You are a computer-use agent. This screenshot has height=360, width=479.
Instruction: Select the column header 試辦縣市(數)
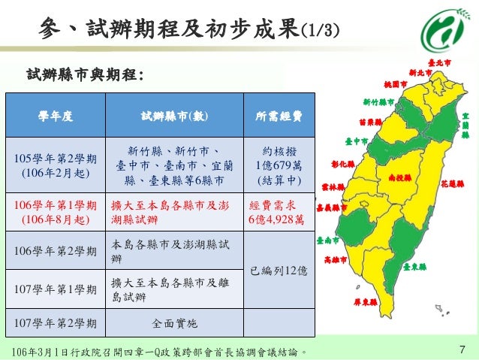point(174,116)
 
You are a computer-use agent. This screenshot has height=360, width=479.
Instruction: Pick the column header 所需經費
point(279,116)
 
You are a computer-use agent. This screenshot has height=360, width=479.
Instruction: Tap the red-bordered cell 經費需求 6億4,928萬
point(279,212)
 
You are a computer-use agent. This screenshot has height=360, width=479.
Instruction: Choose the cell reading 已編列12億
point(279,270)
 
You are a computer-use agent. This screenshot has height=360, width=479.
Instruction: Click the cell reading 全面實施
point(174,323)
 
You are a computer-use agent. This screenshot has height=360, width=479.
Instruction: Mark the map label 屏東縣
point(365,302)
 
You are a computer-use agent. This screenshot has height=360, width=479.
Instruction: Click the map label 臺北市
point(439,62)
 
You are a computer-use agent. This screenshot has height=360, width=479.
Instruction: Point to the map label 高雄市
point(336,259)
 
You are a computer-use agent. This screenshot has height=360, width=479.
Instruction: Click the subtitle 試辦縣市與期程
point(84,74)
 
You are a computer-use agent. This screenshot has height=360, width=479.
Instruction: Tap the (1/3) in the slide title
point(319,29)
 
